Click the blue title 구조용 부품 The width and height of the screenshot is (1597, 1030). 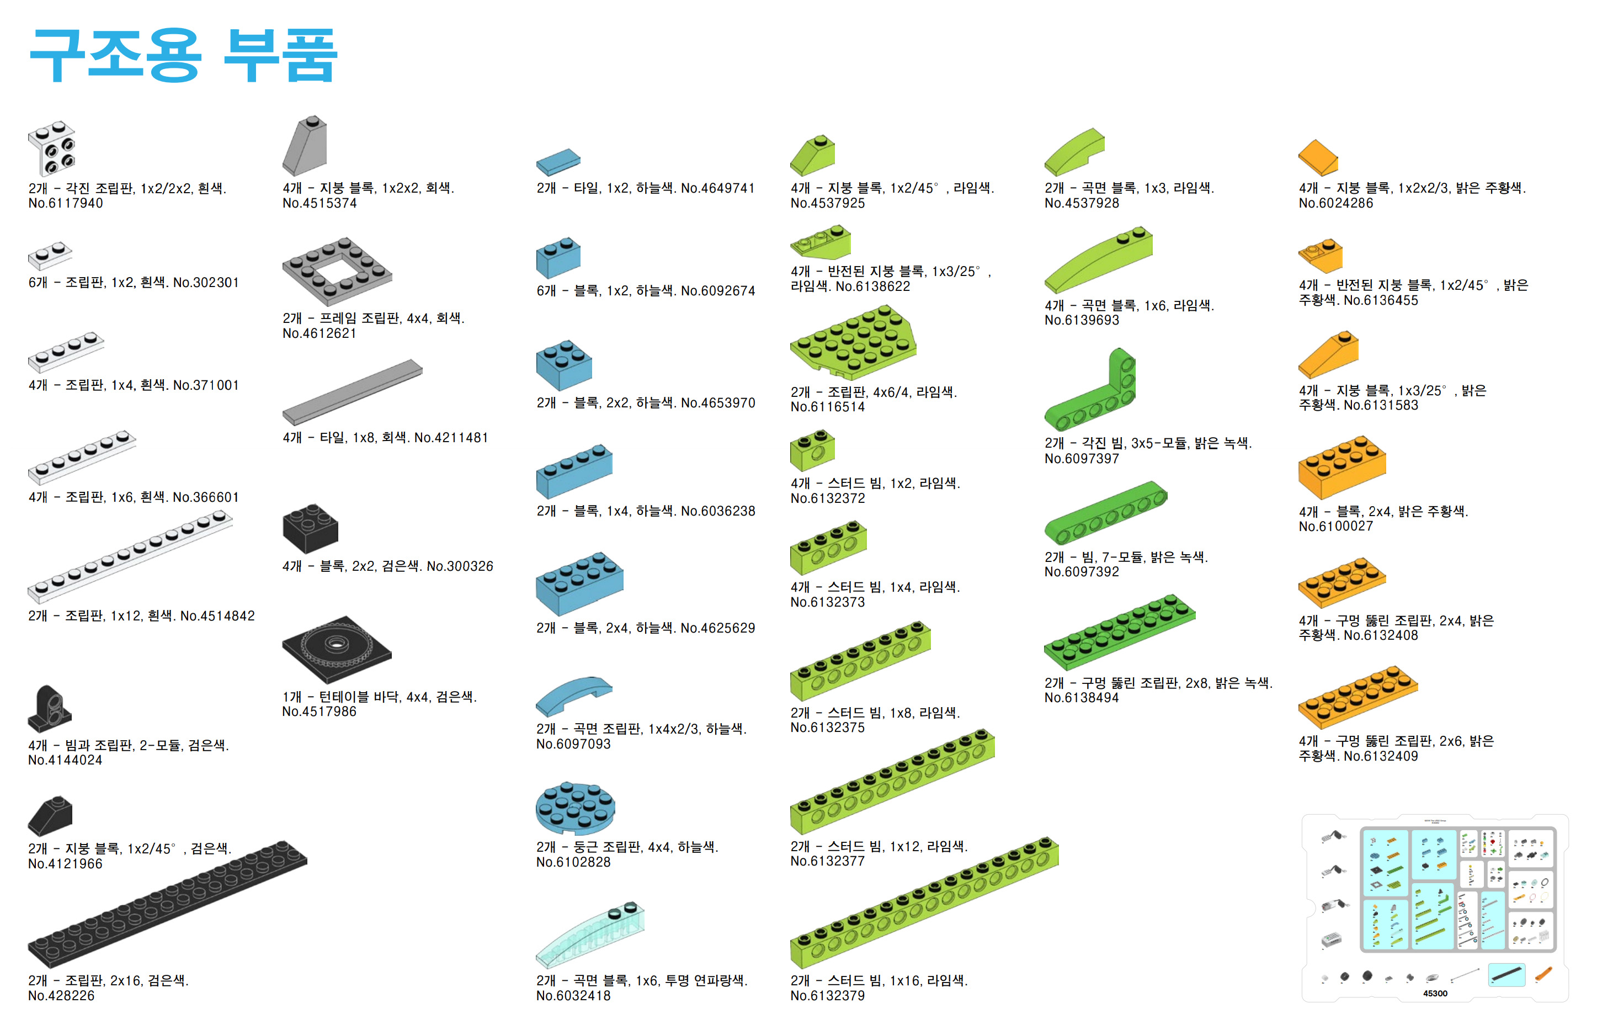(184, 56)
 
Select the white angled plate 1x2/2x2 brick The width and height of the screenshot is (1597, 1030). (51, 148)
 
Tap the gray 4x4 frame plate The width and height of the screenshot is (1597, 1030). (337, 271)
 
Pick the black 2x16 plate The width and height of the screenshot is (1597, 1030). (167, 904)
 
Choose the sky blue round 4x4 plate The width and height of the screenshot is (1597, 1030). (575, 808)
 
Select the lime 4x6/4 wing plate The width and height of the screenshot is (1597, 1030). (853, 342)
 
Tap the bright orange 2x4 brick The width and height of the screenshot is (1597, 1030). (1342, 467)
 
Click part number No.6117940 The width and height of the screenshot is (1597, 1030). (66, 203)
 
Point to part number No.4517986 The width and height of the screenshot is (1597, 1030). (320, 712)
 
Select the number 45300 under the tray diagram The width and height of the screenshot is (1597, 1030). (1435, 993)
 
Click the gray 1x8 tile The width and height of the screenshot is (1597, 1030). (352, 392)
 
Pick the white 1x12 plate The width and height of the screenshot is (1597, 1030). (130, 556)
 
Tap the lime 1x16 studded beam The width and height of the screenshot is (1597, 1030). (924, 902)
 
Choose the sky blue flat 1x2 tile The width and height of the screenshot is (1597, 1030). (558, 162)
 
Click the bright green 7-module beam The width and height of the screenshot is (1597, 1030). (1106, 512)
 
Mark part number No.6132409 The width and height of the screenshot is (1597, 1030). (1381, 756)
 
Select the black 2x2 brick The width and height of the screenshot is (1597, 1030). (310, 528)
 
